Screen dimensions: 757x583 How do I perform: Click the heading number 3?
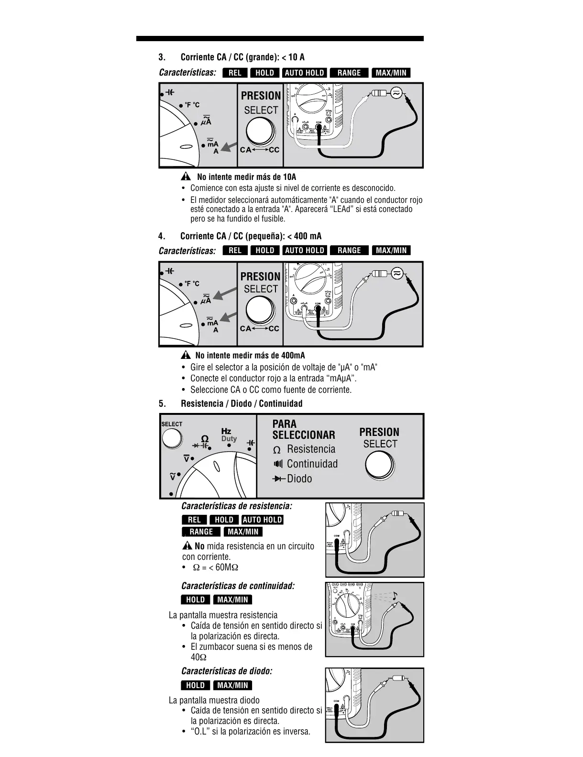point(162,57)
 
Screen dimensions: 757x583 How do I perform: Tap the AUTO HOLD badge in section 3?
point(305,73)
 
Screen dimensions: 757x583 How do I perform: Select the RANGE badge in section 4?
point(349,250)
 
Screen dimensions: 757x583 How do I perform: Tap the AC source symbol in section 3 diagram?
point(396,94)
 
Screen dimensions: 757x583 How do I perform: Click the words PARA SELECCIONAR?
point(304,429)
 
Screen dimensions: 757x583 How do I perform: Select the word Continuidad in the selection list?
point(312,464)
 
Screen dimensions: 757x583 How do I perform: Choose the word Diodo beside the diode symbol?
point(299,479)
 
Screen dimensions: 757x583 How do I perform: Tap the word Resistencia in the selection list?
point(311,449)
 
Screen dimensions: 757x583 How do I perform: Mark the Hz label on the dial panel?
point(226,431)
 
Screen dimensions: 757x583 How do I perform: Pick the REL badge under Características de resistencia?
point(194,520)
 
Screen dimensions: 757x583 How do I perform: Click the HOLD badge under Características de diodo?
point(195,685)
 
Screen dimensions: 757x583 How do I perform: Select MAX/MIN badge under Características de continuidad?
point(232,600)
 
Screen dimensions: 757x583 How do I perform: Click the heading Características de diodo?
point(227,671)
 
